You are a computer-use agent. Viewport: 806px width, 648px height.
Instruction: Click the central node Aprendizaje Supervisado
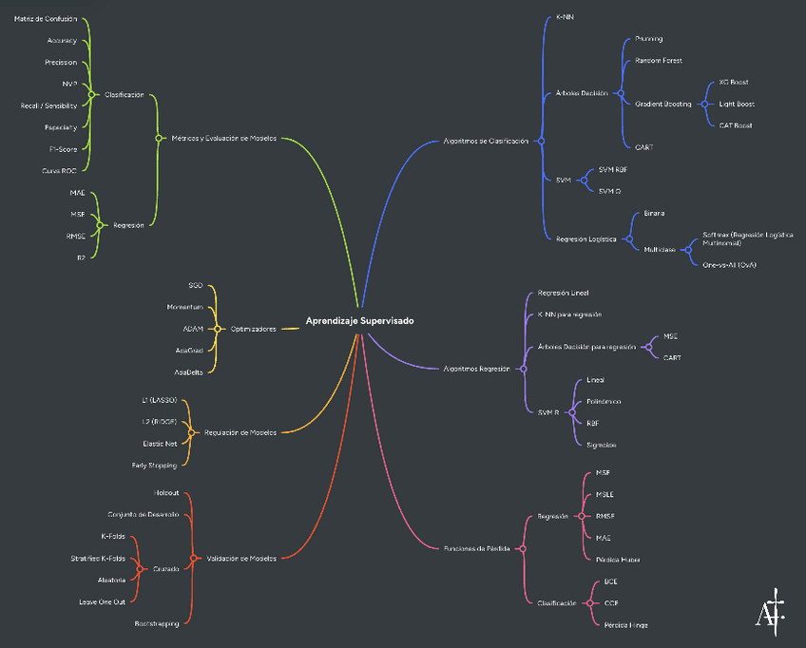point(359,321)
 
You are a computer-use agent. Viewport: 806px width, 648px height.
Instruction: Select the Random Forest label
point(659,61)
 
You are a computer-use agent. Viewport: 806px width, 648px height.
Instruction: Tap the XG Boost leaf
point(735,83)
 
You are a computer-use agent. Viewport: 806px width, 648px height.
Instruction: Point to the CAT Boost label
point(736,125)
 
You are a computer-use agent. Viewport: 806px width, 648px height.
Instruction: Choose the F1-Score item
point(63,148)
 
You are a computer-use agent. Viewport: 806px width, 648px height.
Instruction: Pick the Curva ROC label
point(59,170)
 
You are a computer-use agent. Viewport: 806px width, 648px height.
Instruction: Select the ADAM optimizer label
point(193,329)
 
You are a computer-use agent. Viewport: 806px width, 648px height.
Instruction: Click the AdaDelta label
point(190,372)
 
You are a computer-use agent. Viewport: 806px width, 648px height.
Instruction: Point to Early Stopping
point(154,466)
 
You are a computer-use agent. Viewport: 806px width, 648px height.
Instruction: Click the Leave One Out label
point(102,601)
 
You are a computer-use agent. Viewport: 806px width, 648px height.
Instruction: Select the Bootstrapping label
point(157,623)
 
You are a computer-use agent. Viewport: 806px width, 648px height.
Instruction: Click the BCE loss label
point(611,581)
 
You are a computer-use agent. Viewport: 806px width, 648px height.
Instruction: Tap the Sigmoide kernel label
point(602,445)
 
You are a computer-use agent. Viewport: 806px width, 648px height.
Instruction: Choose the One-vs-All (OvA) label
point(729,265)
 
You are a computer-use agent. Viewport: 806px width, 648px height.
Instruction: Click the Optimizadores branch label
point(254,329)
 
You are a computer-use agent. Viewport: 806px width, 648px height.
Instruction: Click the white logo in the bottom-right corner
point(770,611)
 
